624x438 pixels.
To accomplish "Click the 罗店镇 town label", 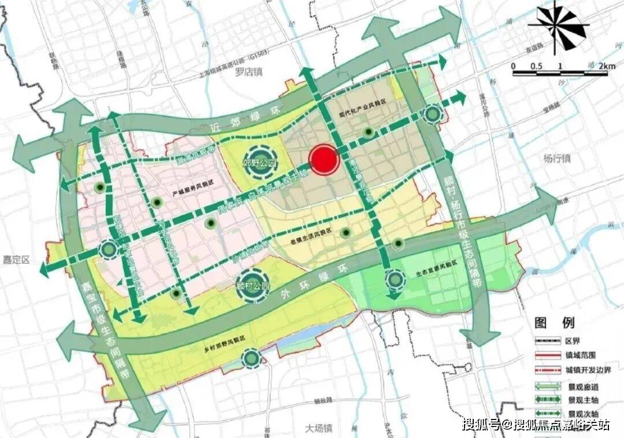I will click(x=249, y=72).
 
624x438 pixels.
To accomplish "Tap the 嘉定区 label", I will click(x=14, y=260).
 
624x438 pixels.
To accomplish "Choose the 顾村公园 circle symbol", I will click(x=252, y=286).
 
